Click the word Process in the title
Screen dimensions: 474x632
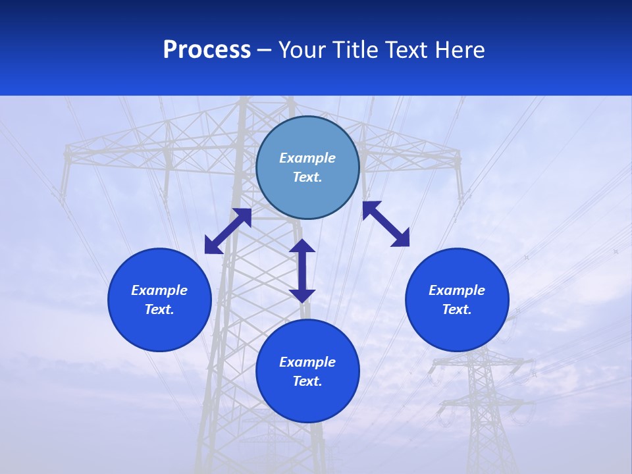[207, 50]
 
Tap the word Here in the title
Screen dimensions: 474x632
[460, 50]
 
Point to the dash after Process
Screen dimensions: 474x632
[264, 51]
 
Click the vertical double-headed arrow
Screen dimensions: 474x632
[302, 271]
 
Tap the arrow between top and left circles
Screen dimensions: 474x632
[228, 231]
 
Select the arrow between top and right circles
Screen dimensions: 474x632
[386, 224]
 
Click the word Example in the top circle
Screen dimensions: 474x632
[307, 158]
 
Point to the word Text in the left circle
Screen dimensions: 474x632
[159, 309]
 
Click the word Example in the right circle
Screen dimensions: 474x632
[457, 290]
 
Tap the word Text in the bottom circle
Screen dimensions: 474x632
[307, 381]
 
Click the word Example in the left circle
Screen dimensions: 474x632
[159, 290]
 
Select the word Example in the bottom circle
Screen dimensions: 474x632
[307, 362]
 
